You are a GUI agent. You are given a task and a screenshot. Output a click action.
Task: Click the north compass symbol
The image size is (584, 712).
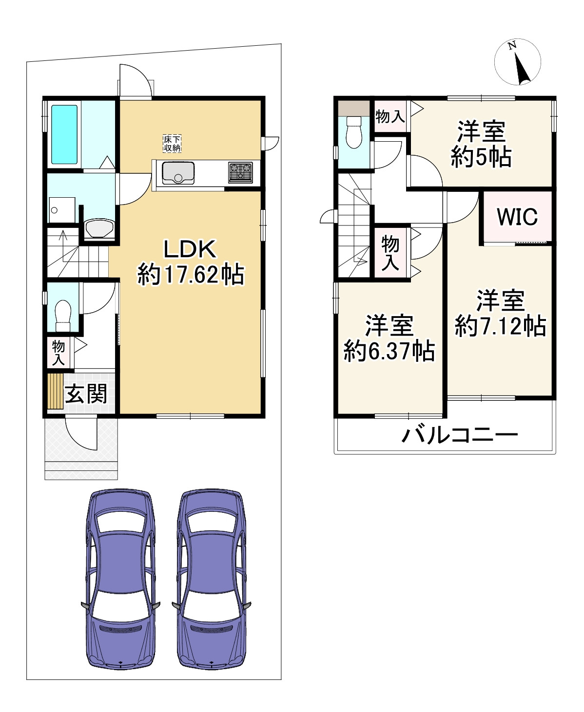pos(518,62)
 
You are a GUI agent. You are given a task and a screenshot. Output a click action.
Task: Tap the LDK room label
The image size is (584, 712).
pos(189,249)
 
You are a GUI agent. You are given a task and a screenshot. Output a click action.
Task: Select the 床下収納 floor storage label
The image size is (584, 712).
pos(172,143)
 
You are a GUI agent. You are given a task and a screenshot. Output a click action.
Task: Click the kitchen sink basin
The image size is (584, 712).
pos(178,173)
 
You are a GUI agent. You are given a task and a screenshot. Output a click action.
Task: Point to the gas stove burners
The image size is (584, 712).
pos(240,172)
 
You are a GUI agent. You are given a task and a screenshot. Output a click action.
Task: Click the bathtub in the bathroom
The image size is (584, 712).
pos(65,134)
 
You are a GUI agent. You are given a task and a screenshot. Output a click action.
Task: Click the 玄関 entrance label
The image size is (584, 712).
pos(86,393)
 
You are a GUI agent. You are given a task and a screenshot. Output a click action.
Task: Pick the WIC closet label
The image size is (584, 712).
pos(517,217)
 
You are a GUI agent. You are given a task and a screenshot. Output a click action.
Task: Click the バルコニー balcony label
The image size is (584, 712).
pos(459,435)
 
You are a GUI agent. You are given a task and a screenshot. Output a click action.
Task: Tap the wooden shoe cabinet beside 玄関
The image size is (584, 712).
pos(56,391)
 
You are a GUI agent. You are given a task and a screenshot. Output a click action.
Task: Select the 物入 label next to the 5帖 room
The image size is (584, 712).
pos(390,116)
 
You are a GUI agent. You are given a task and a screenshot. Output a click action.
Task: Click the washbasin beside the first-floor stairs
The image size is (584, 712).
pos(99,228)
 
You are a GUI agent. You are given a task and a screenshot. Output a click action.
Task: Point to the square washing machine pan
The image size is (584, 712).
pos(62,210)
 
